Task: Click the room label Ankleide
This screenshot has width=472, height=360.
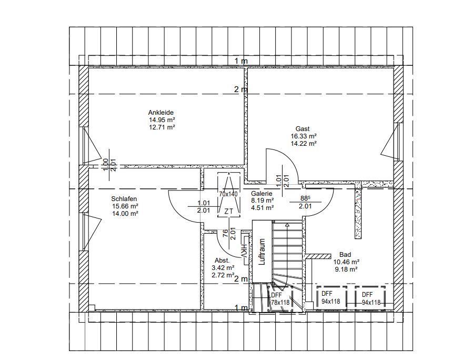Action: (x=160, y=112)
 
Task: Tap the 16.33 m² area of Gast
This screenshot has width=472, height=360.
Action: (x=304, y=136)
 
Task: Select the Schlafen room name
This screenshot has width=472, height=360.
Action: (x=124, y=198)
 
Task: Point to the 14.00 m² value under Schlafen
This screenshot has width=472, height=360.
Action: (x=125, y=213)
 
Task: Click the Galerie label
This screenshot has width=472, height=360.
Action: (x=262, y=194)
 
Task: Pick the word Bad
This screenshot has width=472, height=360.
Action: (x=345, y=255)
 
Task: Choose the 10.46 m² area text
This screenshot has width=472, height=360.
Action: (x=346, y=262)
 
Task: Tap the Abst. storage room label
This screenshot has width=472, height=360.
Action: (x=222, y=261)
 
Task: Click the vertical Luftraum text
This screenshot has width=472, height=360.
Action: (x=262, y=252)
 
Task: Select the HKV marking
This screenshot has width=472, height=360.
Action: (x=244, y=251)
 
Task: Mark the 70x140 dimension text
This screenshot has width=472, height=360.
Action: (x=228, y=194)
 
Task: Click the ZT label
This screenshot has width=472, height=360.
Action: (x=229, y=211)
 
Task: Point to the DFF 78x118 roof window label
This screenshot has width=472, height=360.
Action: (x=280, y=298)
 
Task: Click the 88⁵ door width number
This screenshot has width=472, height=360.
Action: (x=305, y=198)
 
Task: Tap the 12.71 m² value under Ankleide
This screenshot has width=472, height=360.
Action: (x=162, y=127)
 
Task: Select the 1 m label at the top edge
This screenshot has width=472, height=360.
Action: (x=241, y=61)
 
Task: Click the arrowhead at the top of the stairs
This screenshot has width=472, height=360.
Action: (x=287, y=225)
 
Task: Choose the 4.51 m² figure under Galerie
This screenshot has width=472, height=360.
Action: (x=263, y=207)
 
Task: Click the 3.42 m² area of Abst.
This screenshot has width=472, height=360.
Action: (x=223, y=267)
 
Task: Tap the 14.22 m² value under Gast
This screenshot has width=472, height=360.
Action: (x=304, y=144)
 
